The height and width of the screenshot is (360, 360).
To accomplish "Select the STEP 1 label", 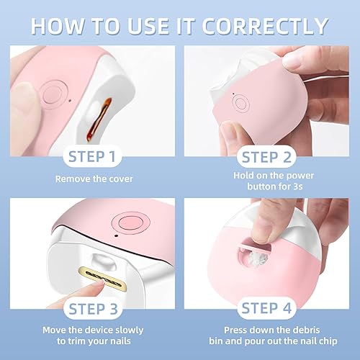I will coord(91,156).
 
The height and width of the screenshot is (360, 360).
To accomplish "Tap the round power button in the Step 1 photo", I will coord(52,94).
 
